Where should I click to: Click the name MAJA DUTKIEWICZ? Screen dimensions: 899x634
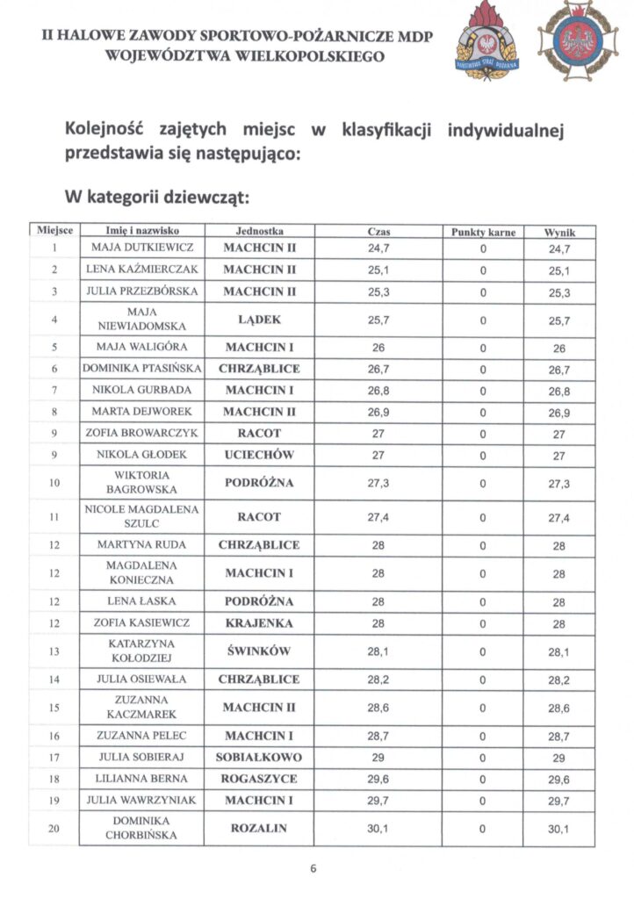click(141, 248)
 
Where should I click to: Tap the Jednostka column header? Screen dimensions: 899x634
click(259, 231)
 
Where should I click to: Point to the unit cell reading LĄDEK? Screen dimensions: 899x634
click(259, 320)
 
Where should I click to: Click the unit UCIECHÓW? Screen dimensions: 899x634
click(259, 455)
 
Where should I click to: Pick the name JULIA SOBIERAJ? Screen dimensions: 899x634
click(141, 757)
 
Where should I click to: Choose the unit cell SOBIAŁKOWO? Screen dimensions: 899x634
click(259, 757)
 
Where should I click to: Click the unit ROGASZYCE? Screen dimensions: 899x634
click(259, 779)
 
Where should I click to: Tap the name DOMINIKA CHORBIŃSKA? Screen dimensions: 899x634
click(141, 828)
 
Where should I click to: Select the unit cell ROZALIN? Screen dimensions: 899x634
click(259, 828)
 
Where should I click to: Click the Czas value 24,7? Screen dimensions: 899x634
click(378, 248)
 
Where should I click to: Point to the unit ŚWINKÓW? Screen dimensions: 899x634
click(259, 651)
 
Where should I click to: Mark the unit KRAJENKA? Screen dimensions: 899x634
click(259, 622)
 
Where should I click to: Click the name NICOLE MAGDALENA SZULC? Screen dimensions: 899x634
click(141, 516)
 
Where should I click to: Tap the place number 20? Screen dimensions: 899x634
click(54, 828)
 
